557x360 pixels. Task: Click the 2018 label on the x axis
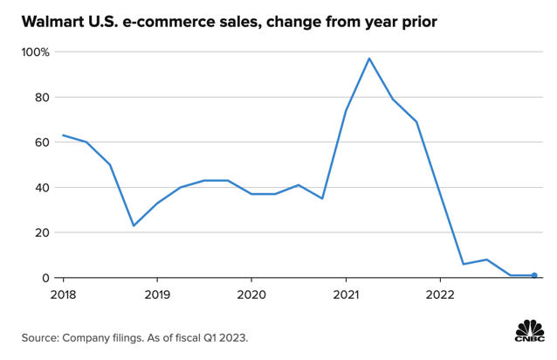pos(63,294)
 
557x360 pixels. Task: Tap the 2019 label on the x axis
pos(157,294)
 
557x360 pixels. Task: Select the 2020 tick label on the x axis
pos(251,294)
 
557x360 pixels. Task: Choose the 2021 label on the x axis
pos(346,294)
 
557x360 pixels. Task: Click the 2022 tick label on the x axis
pos(440,294)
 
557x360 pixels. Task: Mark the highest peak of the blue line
pos(369,59)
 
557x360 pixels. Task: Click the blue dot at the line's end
pos(534,275)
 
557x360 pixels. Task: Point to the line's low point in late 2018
pos(134,225)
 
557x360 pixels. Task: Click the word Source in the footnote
pos(42,336)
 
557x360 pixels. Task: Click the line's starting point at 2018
pos(63,135)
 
